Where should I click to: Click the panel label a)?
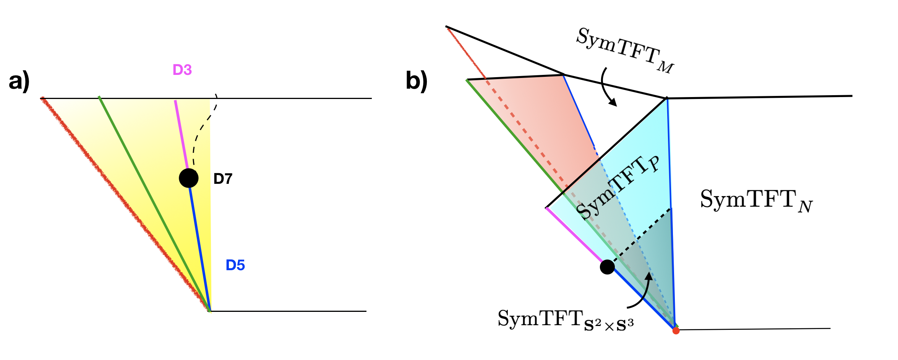tap(19, 81)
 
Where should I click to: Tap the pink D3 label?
tap(182, 70)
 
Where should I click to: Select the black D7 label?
tap(223, 178)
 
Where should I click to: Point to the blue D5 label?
tap(235, 265)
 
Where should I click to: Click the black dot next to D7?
tap(189, 178)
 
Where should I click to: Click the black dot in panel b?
tap(607, 267)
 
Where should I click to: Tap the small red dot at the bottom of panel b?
tap(676, 331)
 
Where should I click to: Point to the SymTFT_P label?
tap(617, 187)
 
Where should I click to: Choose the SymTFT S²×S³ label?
tap(566, 319)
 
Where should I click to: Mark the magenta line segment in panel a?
tap(181, 134)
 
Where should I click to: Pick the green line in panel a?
tap(153, 203)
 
